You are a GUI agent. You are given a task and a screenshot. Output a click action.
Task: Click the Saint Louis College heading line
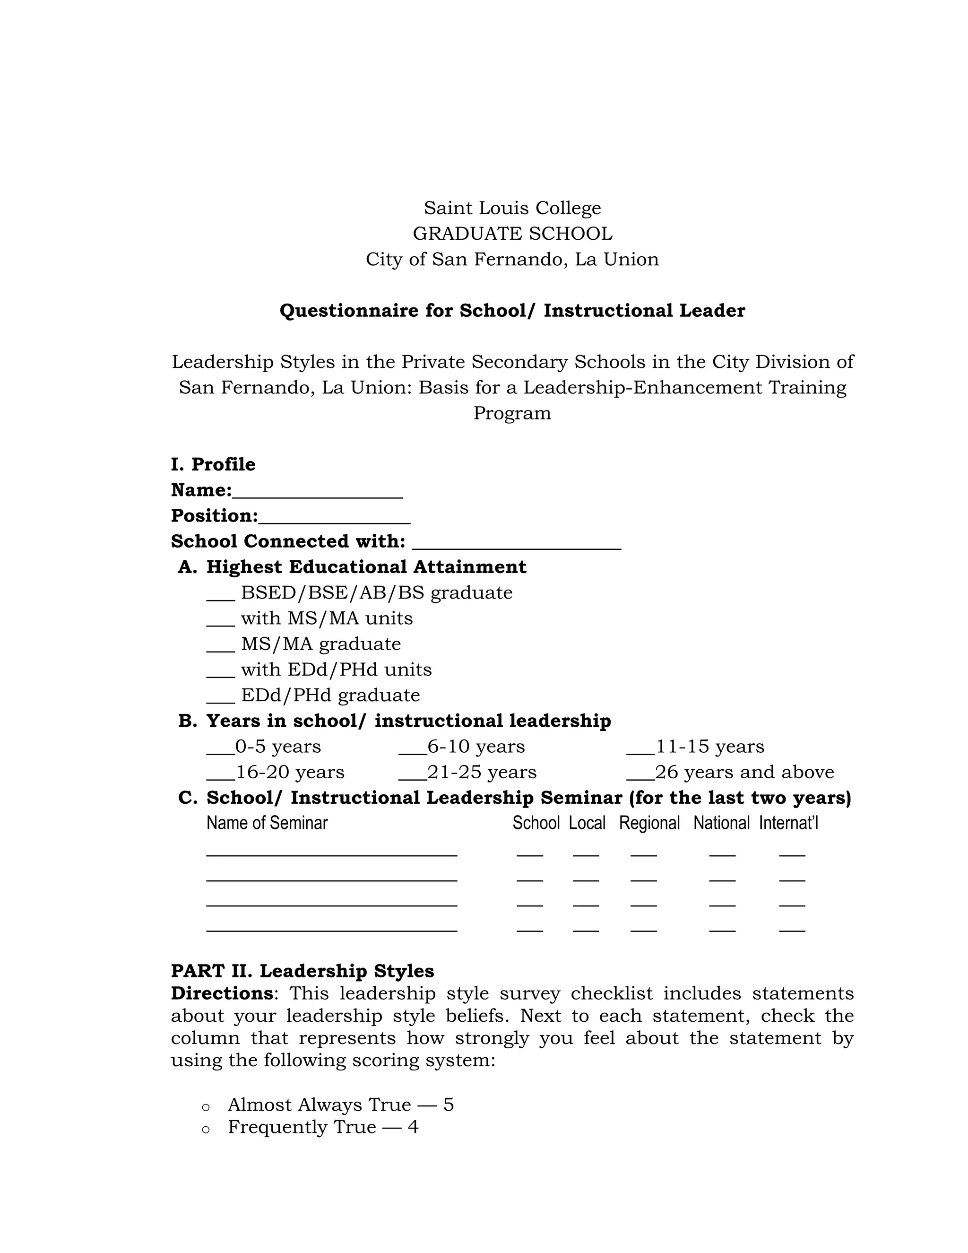tap(512, 208)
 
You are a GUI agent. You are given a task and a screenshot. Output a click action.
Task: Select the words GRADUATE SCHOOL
tap(512, 234)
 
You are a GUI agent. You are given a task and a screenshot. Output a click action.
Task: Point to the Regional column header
tap(649, 823)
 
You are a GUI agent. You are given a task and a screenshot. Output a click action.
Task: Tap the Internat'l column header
tap(788, 823)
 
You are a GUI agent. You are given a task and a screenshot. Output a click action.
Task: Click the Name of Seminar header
tap(267, 823)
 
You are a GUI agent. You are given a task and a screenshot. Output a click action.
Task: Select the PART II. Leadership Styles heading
tap(302, 971)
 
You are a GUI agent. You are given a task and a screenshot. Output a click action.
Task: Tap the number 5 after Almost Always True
tap(449, 1105)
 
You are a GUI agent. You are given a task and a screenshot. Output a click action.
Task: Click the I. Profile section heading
tap(213, 464)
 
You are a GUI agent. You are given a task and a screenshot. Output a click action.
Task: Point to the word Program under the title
tap(512, 413)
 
